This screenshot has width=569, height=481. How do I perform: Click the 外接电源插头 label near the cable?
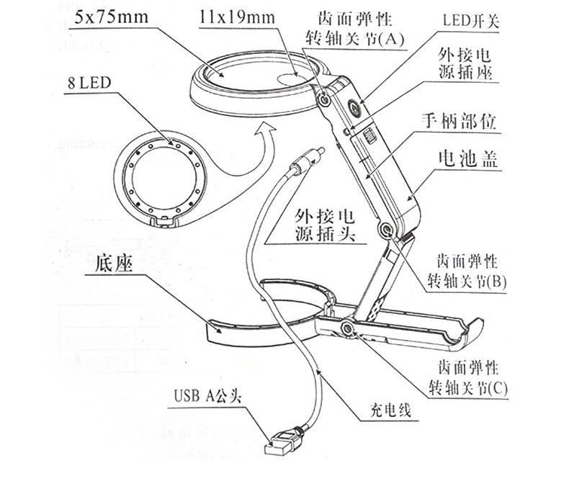(x=328, y=225)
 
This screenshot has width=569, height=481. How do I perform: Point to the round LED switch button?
(x=354, y=108)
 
